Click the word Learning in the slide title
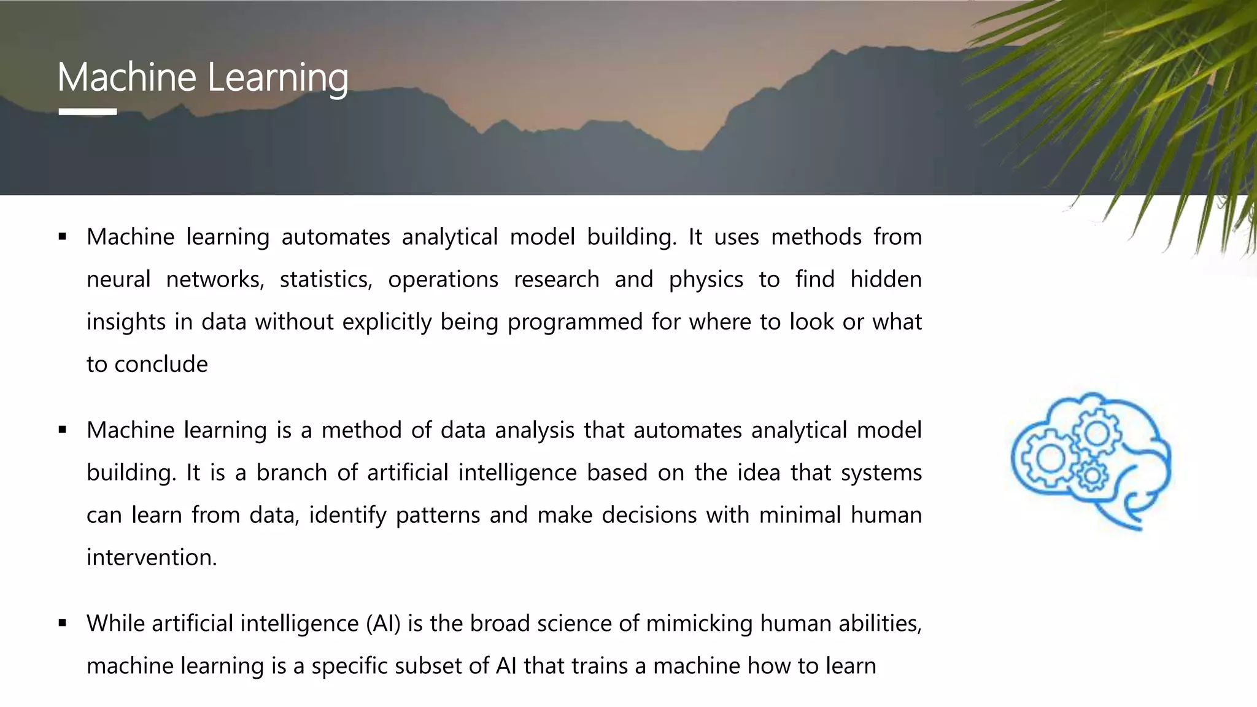coord(277,79)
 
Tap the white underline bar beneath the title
coord(88,112)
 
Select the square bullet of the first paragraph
coord(62,236)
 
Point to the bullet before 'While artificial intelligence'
coord(62,623)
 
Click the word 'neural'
coord(118,279)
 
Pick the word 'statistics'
coord(326,279)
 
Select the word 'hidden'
coord(886,279)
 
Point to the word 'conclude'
coord(161,364)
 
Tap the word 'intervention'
coord(151,557)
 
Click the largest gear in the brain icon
coord(1051,458)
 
